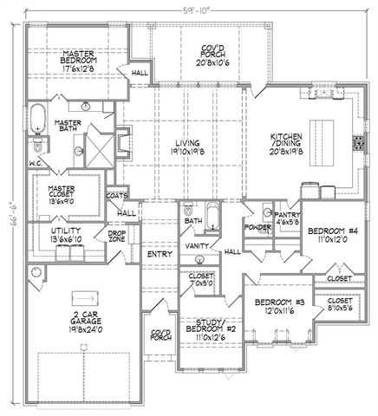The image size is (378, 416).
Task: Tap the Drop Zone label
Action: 116,236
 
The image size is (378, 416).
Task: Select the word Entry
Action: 158,253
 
